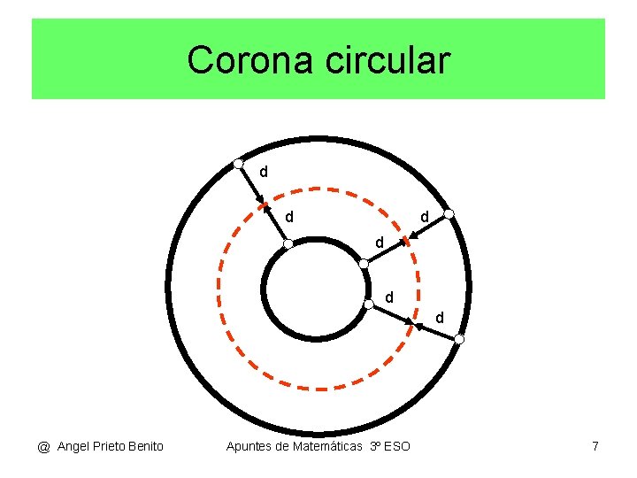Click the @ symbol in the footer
point(43,446)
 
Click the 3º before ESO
point(375,446)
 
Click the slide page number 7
point(595,446)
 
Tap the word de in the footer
point(284,446)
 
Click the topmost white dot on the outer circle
point(239,163)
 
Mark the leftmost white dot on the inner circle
point(288,244)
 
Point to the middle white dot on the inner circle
point(364,263)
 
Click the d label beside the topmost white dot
point(263,170)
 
